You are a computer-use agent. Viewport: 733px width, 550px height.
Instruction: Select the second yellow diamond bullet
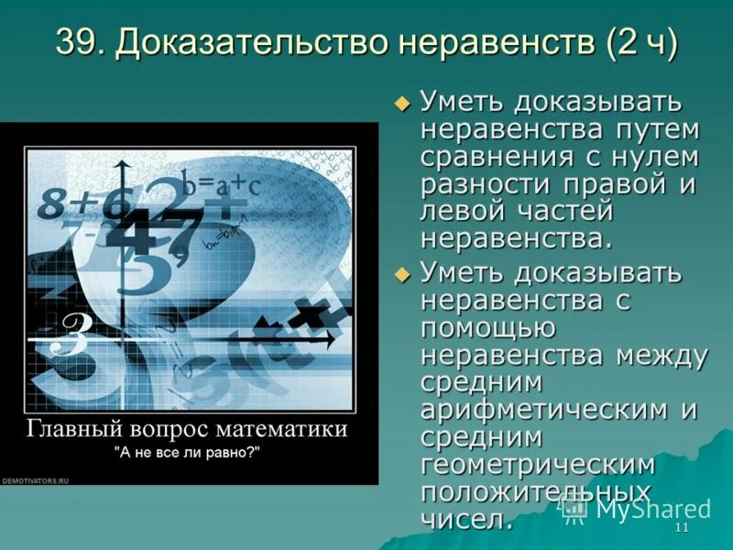tap(400, 273)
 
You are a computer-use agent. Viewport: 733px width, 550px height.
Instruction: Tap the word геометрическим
tap(537, 465)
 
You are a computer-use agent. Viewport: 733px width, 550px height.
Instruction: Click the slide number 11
tap(681, 530)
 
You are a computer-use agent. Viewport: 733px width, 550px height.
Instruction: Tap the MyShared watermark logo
tap(637, 508)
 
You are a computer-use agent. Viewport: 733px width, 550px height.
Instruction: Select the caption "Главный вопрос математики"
tap(187, 428)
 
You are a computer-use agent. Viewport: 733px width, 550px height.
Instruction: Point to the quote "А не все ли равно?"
tap(188, 452)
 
